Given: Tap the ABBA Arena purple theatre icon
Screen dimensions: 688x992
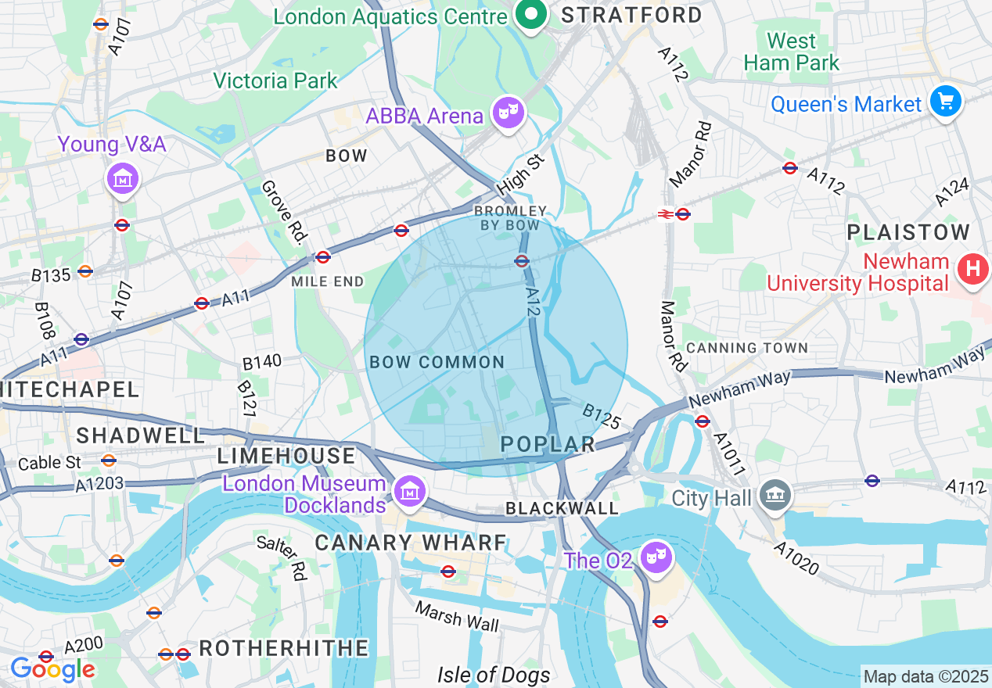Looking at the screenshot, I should [509, 114].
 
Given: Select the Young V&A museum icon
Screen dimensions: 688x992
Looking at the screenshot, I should [122, 179].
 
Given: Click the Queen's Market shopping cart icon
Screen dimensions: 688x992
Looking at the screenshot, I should [945, 102].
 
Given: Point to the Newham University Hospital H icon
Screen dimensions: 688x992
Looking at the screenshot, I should [972, 270].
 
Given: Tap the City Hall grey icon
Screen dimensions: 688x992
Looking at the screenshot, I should [776, 495].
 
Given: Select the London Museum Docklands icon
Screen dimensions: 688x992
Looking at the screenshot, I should [409, 492].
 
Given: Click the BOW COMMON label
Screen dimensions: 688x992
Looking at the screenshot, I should [437, 362].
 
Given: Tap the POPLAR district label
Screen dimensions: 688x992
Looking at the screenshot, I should [548, 444].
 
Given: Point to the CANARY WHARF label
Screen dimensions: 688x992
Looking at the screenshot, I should [411, 543].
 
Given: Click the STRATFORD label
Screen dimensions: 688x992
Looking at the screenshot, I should [632, 15].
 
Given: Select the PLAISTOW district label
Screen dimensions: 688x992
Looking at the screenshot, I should [908, 232].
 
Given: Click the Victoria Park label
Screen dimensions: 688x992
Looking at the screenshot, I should [275, 81].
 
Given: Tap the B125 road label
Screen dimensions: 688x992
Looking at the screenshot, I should [602, 417].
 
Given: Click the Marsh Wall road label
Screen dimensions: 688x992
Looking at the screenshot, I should [456, 616].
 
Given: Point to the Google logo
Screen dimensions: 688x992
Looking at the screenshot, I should [52, 669].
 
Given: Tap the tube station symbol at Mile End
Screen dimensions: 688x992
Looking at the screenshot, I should [323, 256].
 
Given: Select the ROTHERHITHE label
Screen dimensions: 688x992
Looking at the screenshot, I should [284, 648].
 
